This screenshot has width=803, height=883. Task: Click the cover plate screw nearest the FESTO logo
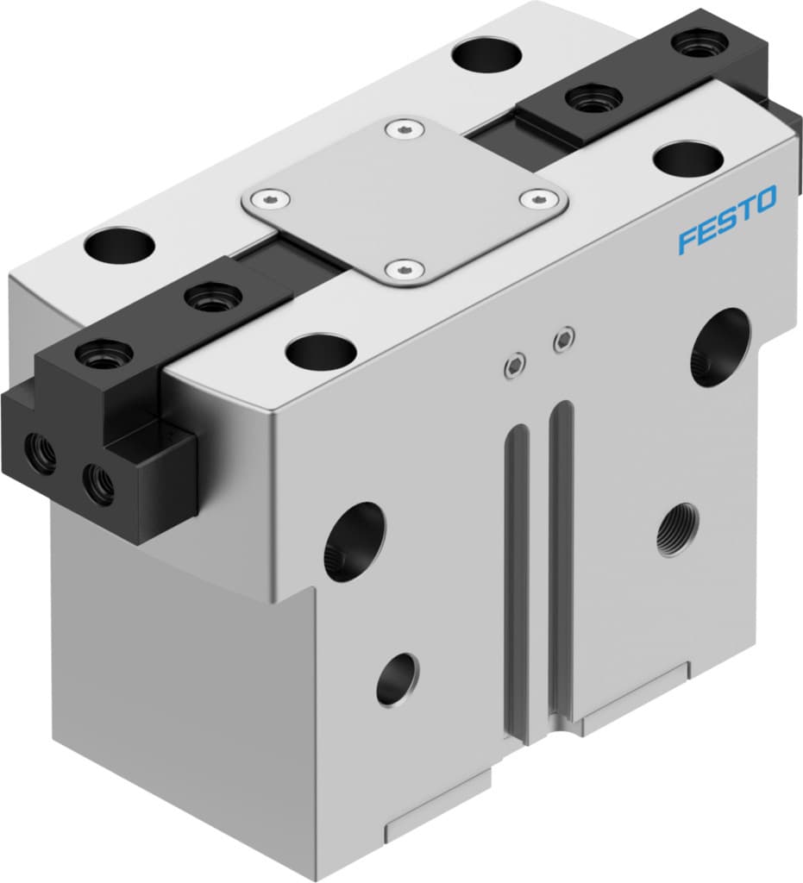(x=538, y=200)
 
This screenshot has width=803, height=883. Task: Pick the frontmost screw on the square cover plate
(x=402, y=271)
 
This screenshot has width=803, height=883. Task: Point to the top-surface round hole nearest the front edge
(x=321, y=349)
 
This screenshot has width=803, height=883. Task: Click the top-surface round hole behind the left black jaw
(x=119, y=245)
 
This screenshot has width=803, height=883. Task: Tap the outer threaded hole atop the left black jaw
(x=104, y=353)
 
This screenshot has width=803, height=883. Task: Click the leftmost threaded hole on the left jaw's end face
(x=40, y=453)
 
